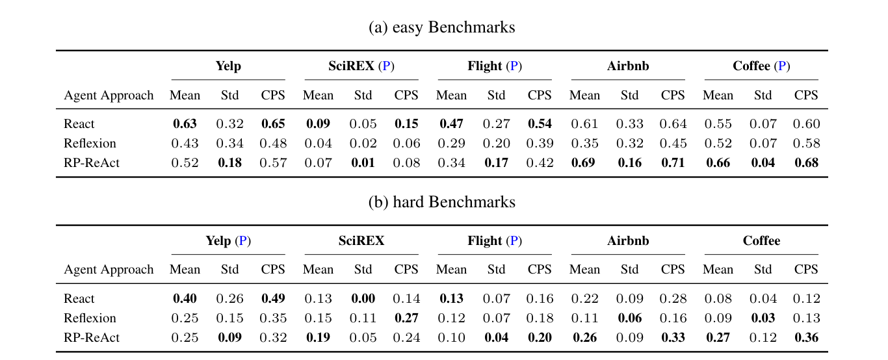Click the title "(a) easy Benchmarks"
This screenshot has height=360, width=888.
point(441,27)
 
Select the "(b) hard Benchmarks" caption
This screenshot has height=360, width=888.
point(441,202)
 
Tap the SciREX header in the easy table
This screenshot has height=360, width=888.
point(353,66)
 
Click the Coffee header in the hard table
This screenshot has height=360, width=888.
point(761,240)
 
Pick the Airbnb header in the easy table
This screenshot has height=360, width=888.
point(628,66)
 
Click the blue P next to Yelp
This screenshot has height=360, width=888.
point(243,241)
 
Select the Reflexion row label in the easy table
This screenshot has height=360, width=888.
point(90,143)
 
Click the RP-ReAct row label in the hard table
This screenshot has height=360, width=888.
point(92,337)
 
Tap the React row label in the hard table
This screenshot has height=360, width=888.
point(79,298)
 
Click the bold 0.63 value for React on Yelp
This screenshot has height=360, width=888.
point(185,123)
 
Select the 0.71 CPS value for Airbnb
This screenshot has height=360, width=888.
point(673,162)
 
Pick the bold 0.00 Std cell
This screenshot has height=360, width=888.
point(363,298)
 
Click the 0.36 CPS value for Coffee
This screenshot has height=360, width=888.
point(806,337)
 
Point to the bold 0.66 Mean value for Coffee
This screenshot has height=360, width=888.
point(718,162)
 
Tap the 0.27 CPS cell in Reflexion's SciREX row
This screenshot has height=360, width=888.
point(406,318)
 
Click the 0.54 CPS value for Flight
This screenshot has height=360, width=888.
point(540,123)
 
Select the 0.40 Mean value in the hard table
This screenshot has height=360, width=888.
point(185,298)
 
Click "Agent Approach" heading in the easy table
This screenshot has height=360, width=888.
point(109,95)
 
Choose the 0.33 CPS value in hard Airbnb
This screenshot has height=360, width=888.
point(673,337)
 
